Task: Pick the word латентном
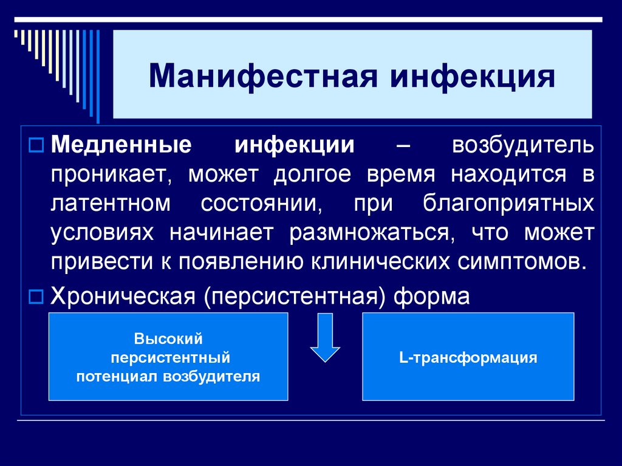[111, 204]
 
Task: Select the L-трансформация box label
[468, 357]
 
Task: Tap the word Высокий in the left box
[168, 338]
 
